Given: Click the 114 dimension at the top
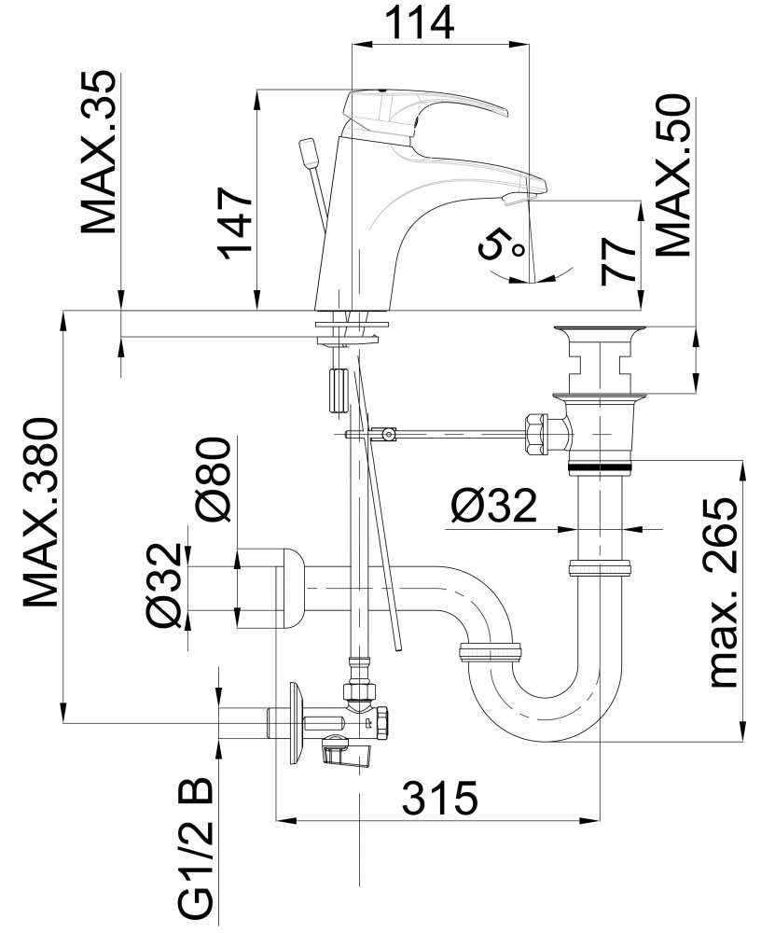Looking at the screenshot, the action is pyautogui.click(x=420, y=22).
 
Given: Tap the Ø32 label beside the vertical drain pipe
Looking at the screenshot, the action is pyautogui.click(x=494, y=506).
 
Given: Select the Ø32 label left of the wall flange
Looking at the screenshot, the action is pyautogui.click(x=163, y=585).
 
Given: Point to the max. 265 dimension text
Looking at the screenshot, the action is pyautogui.click(x=723, y=592).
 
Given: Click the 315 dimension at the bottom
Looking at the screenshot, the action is pyautogui.click(x=440, y=799).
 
